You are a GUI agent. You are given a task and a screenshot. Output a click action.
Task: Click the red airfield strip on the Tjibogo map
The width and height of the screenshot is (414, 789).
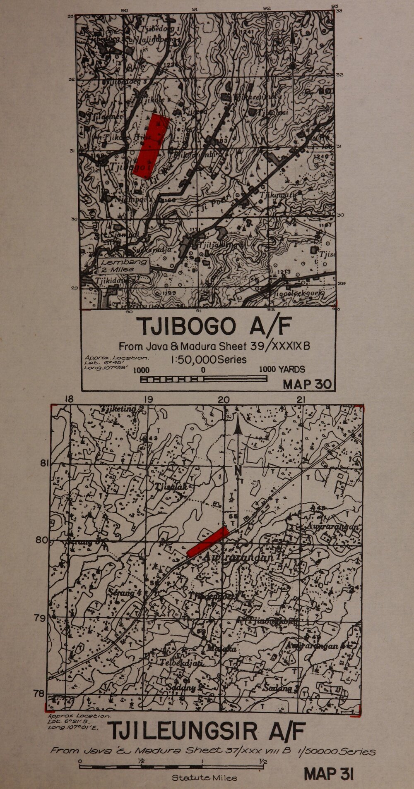click(x=152, y=146)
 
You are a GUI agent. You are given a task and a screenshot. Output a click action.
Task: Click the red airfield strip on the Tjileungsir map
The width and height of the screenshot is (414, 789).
click(x=208, y=542)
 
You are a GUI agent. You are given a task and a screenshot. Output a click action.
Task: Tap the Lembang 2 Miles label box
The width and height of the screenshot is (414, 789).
click(x=124, y=265)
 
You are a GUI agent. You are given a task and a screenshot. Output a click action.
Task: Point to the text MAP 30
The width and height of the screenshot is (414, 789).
click(x=308, y=384)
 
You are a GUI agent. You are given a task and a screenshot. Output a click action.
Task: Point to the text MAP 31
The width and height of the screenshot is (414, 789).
click(x=329, y=774)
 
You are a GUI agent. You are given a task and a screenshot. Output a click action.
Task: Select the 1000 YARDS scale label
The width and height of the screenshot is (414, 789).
click(x=282, y=369)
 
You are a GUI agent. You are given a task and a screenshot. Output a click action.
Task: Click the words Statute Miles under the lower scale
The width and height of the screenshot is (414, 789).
click(x=205, y=778)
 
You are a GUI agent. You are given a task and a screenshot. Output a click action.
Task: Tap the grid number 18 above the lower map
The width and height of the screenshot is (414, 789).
click(x=69, y=399)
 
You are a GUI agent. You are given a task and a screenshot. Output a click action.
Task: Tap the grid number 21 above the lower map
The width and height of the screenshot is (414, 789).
click(x=301, y=399)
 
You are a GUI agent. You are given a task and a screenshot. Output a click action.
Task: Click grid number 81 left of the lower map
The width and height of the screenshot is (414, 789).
click(x=45, y=463)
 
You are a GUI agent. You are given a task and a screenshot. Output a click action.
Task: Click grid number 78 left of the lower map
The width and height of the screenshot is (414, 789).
click(x=40, y=693)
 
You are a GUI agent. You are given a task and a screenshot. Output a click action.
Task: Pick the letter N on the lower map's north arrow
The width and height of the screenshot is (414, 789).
click(x=238, y=470)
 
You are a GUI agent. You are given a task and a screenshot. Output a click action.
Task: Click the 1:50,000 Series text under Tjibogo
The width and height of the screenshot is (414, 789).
click(x=209, y=359)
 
